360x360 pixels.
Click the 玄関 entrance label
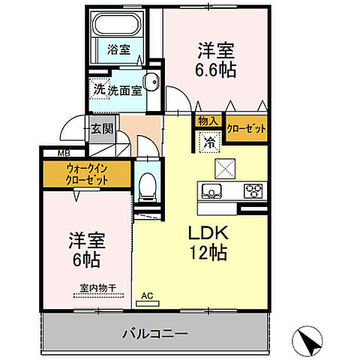point(102,128)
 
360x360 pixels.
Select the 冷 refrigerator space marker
point(208,139)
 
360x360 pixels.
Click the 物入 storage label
point(208,121)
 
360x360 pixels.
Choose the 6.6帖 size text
point(215,71)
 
